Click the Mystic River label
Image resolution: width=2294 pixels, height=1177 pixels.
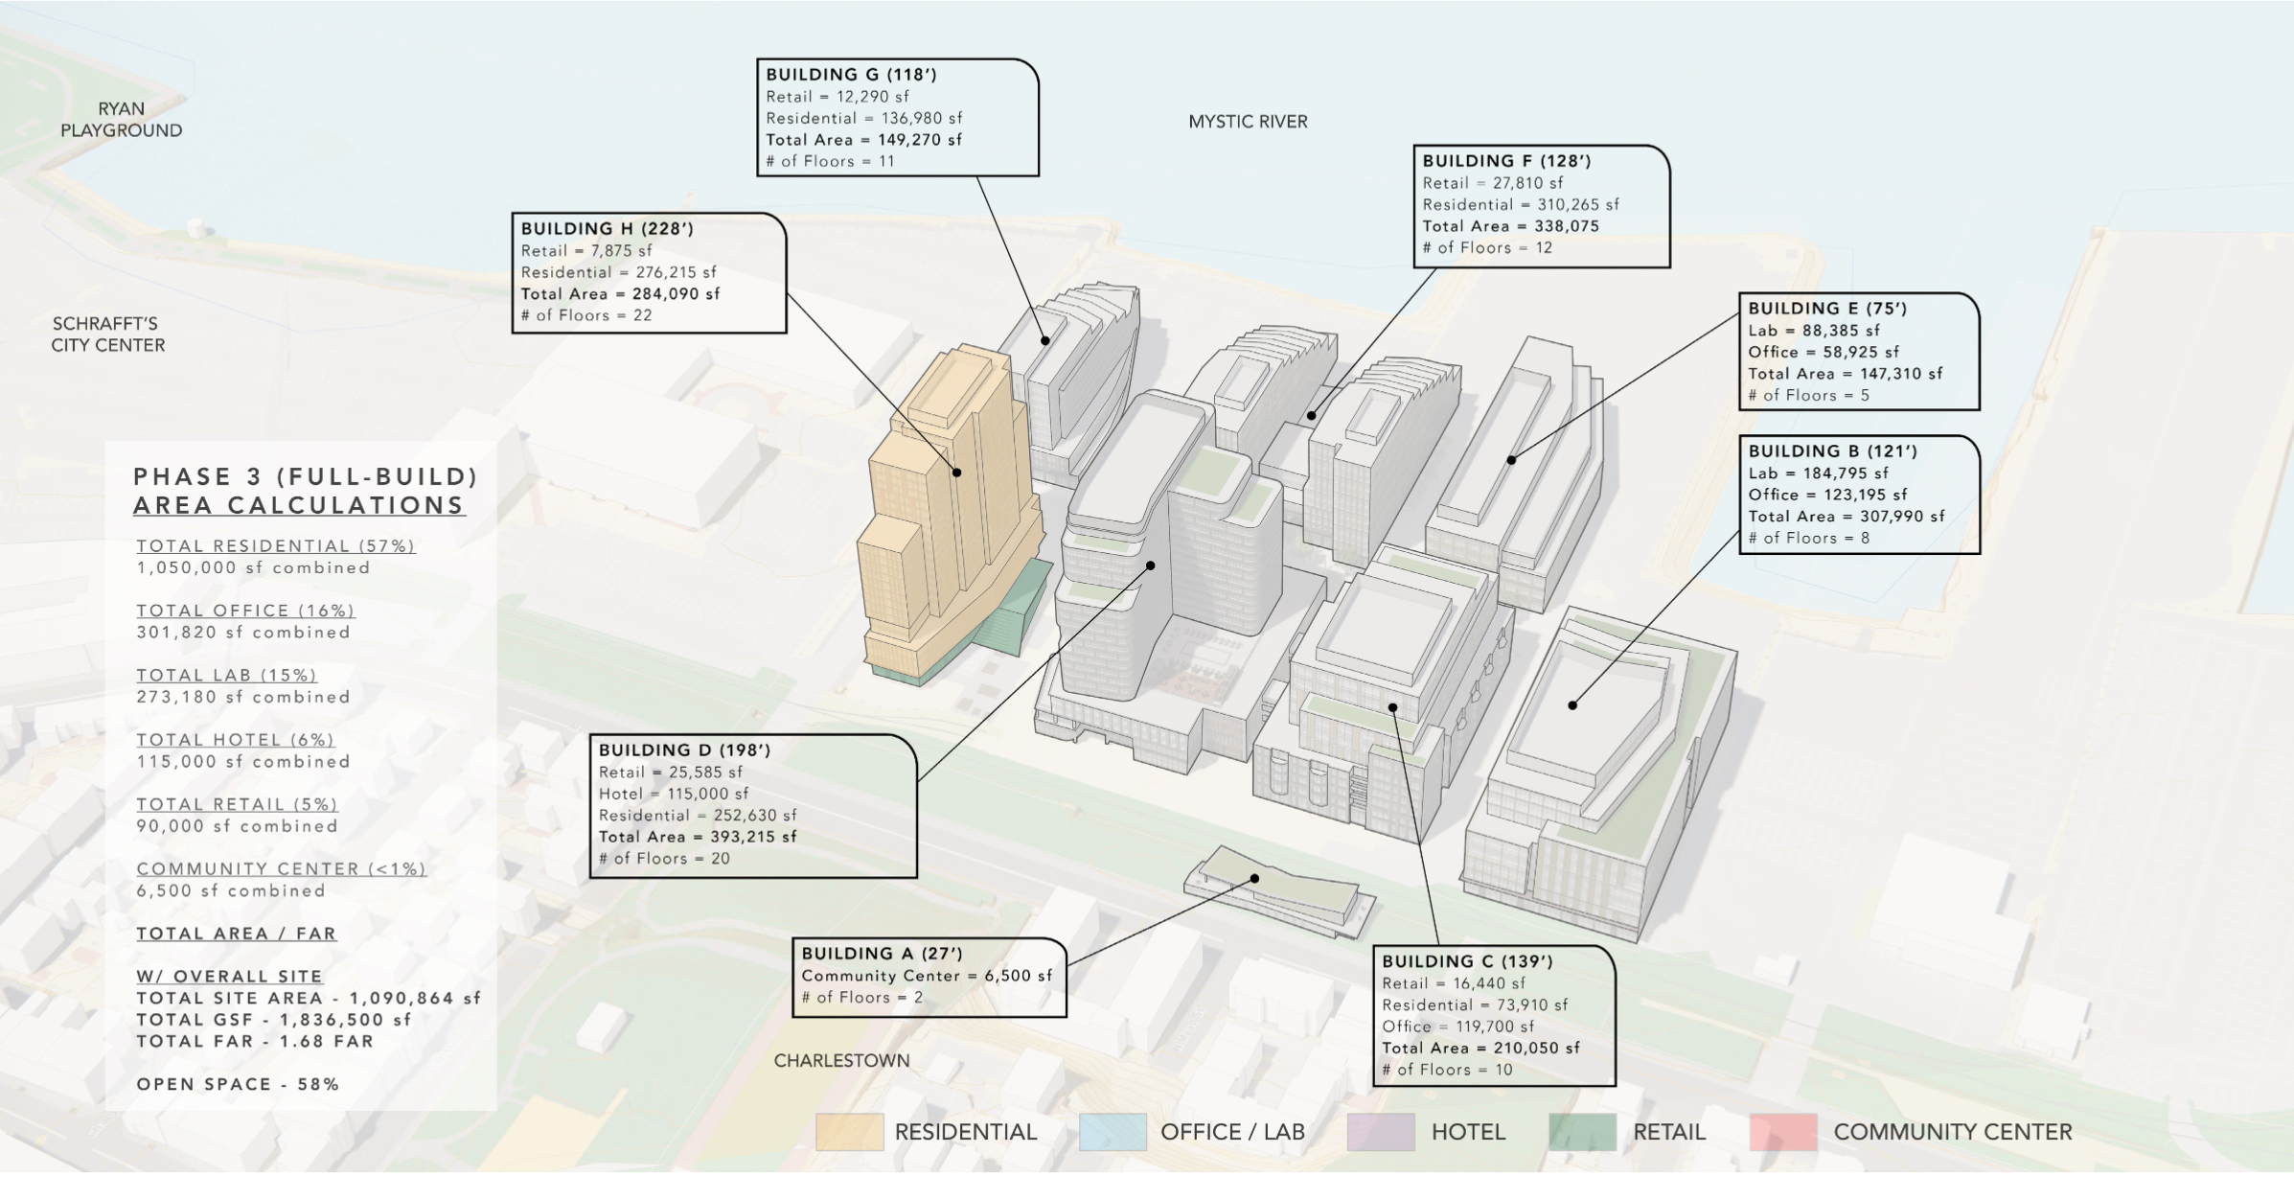click(x=1248, y=122)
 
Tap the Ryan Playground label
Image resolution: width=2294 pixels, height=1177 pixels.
click(x=121, y=120)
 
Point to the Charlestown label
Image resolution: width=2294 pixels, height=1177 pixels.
click(x=841, y=1060)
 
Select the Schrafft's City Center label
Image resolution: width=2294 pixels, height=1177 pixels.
click(x=107, y=335)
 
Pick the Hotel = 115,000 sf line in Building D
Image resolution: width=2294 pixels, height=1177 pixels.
click(x=674, y=794)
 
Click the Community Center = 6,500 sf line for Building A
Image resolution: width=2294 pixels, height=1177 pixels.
click(x=926, y=976)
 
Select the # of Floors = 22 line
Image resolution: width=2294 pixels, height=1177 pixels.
click(x=585, y=315)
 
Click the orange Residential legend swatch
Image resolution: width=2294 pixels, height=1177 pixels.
click(x=849, y=1132)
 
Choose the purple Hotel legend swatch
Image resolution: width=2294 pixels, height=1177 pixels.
click(x=1380, y=1132)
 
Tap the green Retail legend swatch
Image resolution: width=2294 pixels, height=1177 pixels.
click(x=1581, y=1132)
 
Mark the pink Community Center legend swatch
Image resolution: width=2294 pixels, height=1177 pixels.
click(x=1782, y=1132)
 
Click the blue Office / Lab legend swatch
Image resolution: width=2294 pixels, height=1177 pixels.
click(x=1113, y=1132)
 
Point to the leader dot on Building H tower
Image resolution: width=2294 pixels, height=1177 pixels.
click(x=956, y=473)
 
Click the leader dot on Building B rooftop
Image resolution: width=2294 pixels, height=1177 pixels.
click(x=1572, y=705)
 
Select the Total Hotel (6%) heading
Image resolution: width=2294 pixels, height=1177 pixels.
click(x=235, y=740)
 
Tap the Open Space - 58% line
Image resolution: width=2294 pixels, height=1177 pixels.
click(x=238, y=1084)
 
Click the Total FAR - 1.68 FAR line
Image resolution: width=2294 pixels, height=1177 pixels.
click(x=255, y=1041)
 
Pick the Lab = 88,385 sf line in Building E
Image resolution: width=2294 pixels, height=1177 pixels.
click(x=1813, y=331)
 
